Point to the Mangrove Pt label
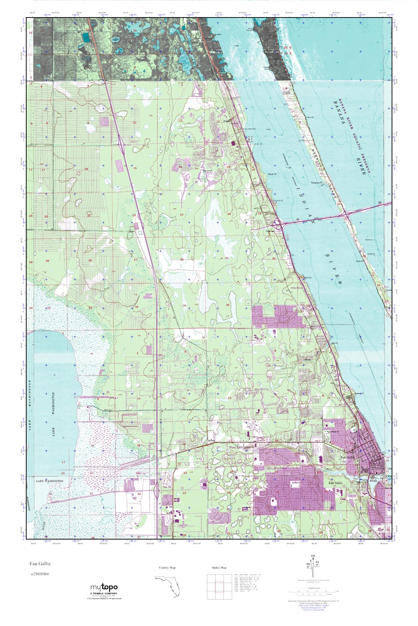coord(317,183)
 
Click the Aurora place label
coord(212,441)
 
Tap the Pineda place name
coord(227,120)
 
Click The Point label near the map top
coord(250,29)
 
